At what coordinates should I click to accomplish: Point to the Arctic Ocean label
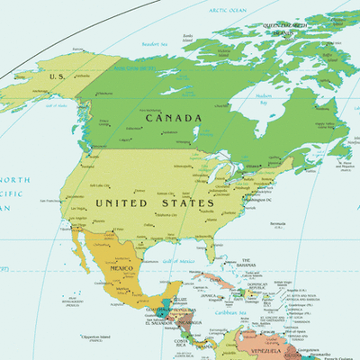(x=229, y=10)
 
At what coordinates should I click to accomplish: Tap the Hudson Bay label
(x=264, y=95)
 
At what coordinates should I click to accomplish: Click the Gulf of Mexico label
(x=178, y=261)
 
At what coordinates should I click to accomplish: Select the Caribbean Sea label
(x=232, y=312)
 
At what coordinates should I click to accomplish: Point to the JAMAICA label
(x=210, y=295)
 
